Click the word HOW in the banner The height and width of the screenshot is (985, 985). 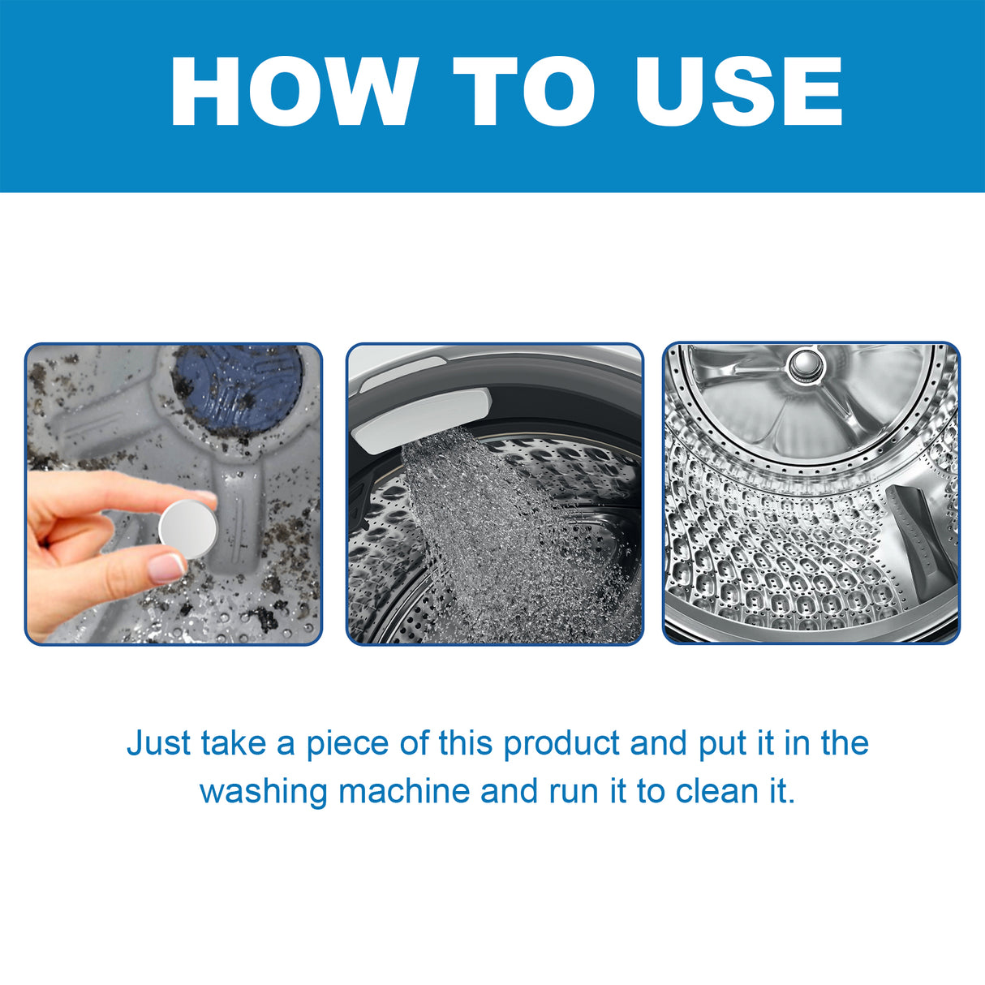click(x=293, y=92)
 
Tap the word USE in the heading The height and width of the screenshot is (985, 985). click(x=738, y=92)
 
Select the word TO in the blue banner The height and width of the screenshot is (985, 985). click(x=523, y=92)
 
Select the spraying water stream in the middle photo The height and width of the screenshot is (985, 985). click(x=495, y=527)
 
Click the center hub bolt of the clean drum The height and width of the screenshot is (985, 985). click(x=803, y=363)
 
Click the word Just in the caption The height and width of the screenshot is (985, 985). click(x=159, y=743)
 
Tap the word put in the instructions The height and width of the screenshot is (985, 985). click(x=724, y=743)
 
